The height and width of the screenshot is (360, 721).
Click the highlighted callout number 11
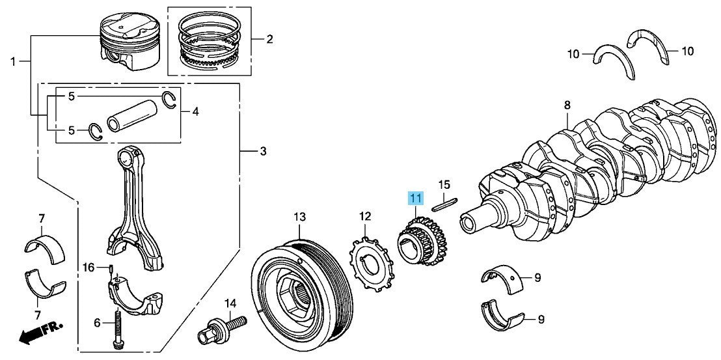pos(416,199)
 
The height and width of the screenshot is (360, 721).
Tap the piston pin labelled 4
pos(131,115)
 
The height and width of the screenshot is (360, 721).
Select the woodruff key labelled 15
pos(444,203)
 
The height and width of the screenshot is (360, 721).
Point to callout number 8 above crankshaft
pos(567,105)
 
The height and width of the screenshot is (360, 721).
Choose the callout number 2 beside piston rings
pos(269,39)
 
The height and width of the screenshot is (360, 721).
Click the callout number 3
pos(262,151)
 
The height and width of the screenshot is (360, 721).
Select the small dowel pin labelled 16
pos(111,268)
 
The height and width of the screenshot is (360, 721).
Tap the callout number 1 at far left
pos(13,61)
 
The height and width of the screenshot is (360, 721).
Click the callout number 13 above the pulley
pos(299,216)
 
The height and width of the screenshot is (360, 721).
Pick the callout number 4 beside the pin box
pos(195,111)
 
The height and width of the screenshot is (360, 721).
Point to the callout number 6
pos(96,323)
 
